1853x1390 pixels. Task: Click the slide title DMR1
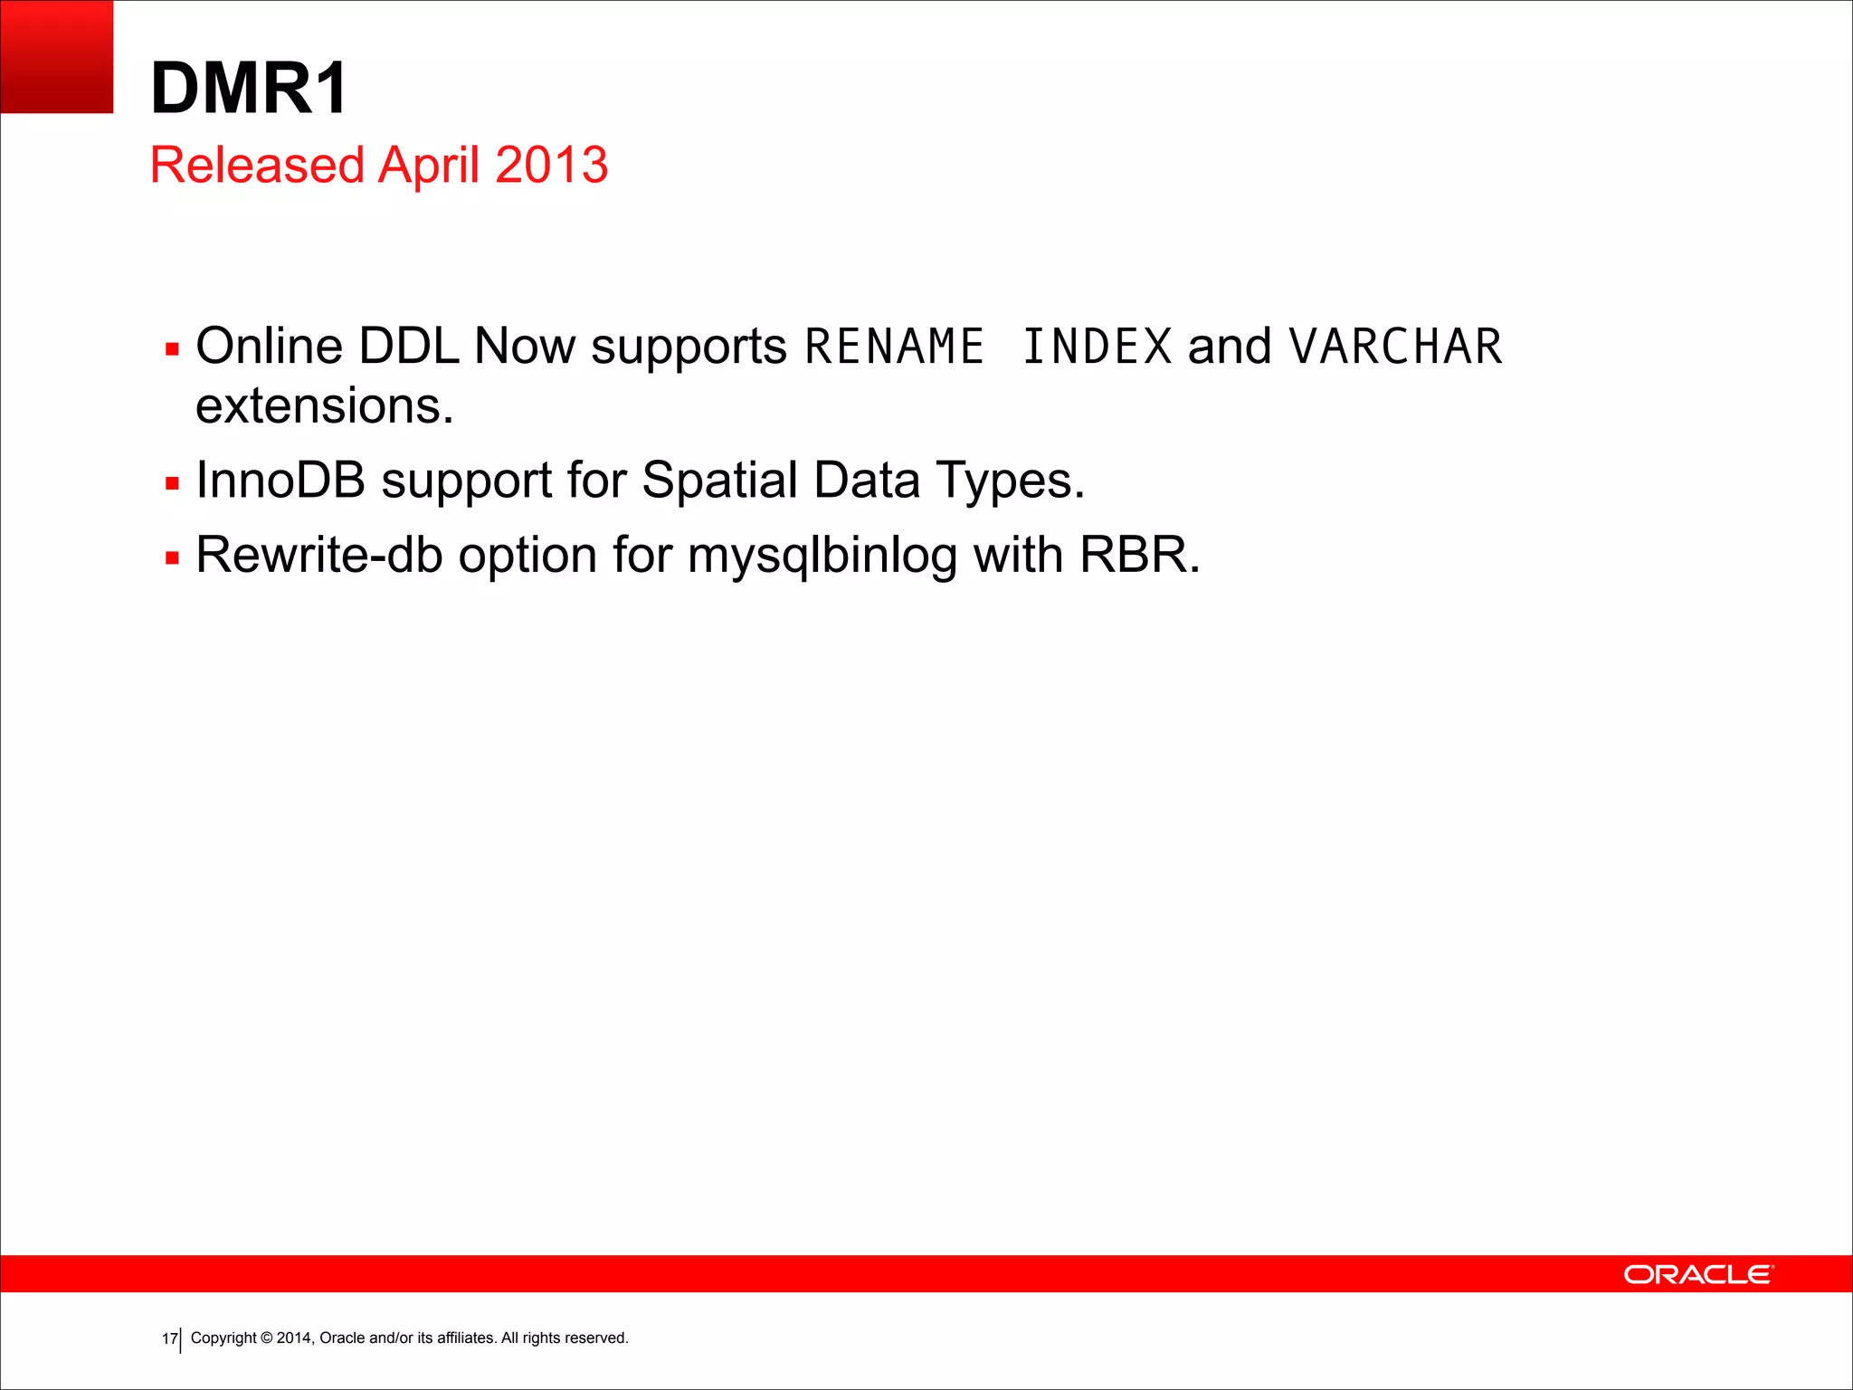coord(249,89)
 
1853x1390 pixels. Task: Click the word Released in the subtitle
coord(256,166)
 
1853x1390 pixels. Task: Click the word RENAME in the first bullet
coord(894,347)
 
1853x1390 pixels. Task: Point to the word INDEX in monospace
coord(1097,347)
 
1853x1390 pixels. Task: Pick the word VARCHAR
coord(1395,347)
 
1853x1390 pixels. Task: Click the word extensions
coord(324,406)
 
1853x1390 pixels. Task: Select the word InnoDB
coord(280,481)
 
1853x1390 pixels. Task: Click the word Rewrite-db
coord(318,556)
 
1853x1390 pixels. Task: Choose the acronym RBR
coord(1138,556)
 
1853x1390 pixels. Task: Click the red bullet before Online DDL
coord(172,349)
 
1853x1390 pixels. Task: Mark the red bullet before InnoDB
coord(172,483)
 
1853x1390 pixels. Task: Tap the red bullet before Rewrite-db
coord(172,558)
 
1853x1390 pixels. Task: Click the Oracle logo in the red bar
coord(1698,1274)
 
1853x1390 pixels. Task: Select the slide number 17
coord(169,1338)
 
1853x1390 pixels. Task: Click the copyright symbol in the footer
coord(266,1338)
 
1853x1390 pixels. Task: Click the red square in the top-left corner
coord(56,56)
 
